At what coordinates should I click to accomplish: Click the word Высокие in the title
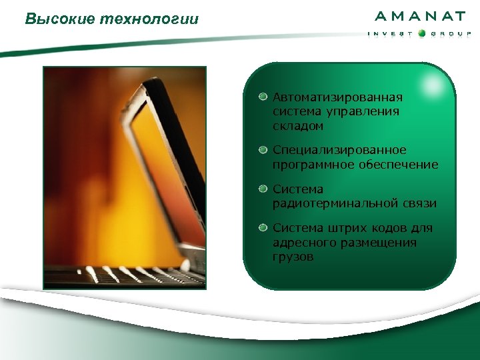[59, 19]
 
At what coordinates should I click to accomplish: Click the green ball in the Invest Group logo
[422, 33]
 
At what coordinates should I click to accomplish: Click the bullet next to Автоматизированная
[264, 97]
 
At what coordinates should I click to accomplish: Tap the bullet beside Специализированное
[264, 149]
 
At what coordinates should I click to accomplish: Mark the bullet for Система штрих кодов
[264, 228]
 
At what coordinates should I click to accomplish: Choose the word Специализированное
[339, 150]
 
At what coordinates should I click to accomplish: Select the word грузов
[293, 256]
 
